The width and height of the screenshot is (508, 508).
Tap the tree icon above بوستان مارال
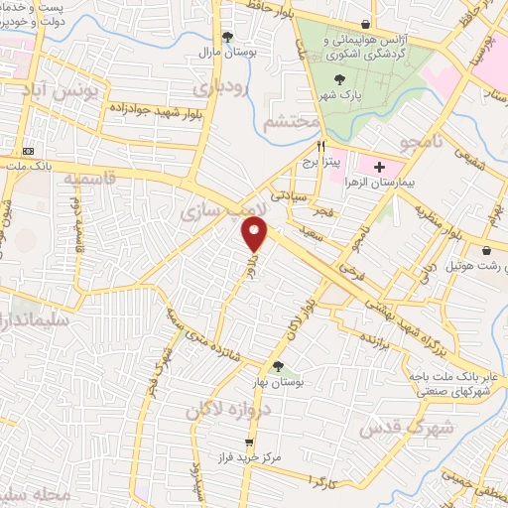[227, 37]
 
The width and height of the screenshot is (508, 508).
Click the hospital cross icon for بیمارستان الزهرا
[379, 165]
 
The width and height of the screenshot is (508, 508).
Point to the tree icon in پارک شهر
[341, 78]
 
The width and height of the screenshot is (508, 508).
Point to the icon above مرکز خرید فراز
[249, 443]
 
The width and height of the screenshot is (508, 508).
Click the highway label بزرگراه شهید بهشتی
[406, 326]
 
